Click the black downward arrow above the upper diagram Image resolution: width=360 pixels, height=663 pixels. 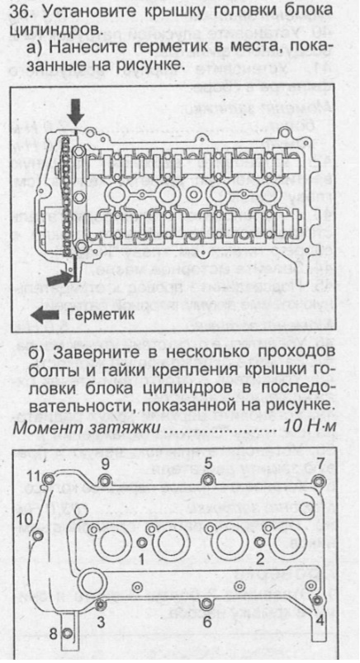(74, 111)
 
